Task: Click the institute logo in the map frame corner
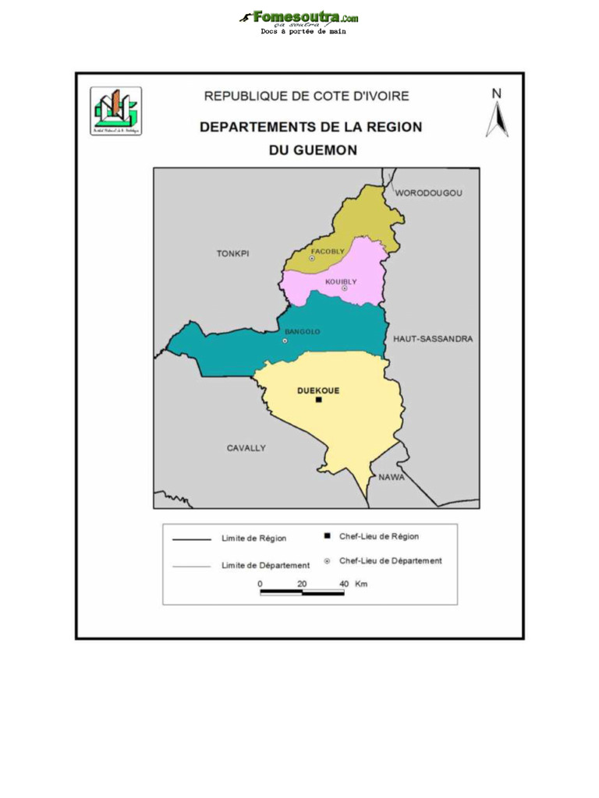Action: [x=116, y=111]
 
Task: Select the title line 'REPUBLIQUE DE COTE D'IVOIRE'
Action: [x=307, y=97]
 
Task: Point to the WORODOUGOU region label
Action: [x=429, y=192]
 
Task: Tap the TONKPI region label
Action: [x=232, y=253]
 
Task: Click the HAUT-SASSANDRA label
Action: [x=433, y=339]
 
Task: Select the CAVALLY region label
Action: [x=246, y=448]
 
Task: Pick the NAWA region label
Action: [x=392, y=477]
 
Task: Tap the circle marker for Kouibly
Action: [x=344, y=288]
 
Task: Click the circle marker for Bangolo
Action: [x=285, y=341]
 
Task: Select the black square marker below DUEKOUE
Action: [x=318, y=400]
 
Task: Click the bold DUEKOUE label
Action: [x=319, y=390]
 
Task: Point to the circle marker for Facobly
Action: [x=312, y=258]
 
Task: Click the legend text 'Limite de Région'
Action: [x=253, y=538]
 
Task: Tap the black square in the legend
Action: [x=327, y=536]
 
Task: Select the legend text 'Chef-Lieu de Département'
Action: [x=390, y=560]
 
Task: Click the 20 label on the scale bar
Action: [x=302, y=584]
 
